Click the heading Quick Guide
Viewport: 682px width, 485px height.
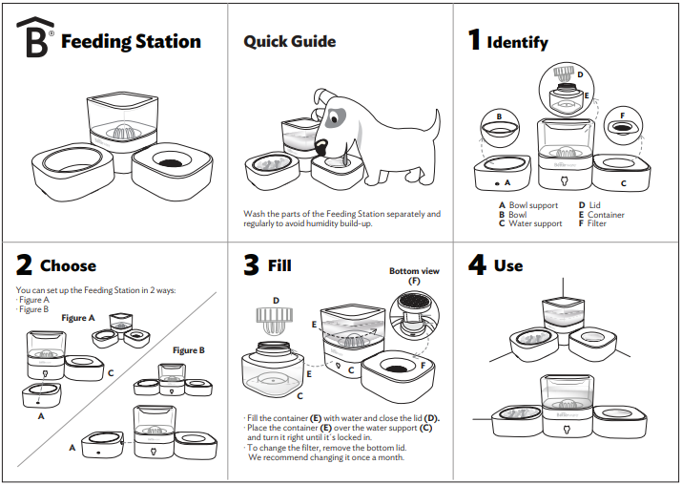289,41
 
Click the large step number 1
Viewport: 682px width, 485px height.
474,40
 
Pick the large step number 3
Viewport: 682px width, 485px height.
252,264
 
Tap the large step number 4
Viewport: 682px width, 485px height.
477,264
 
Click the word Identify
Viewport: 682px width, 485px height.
517,42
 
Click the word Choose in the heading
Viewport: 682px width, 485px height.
68,265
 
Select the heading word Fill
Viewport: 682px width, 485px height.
279,265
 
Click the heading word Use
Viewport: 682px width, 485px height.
508,265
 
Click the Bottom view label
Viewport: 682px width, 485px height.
414,271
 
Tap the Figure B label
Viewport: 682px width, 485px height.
189,350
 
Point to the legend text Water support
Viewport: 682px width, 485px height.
535,223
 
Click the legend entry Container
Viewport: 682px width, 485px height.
606,215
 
